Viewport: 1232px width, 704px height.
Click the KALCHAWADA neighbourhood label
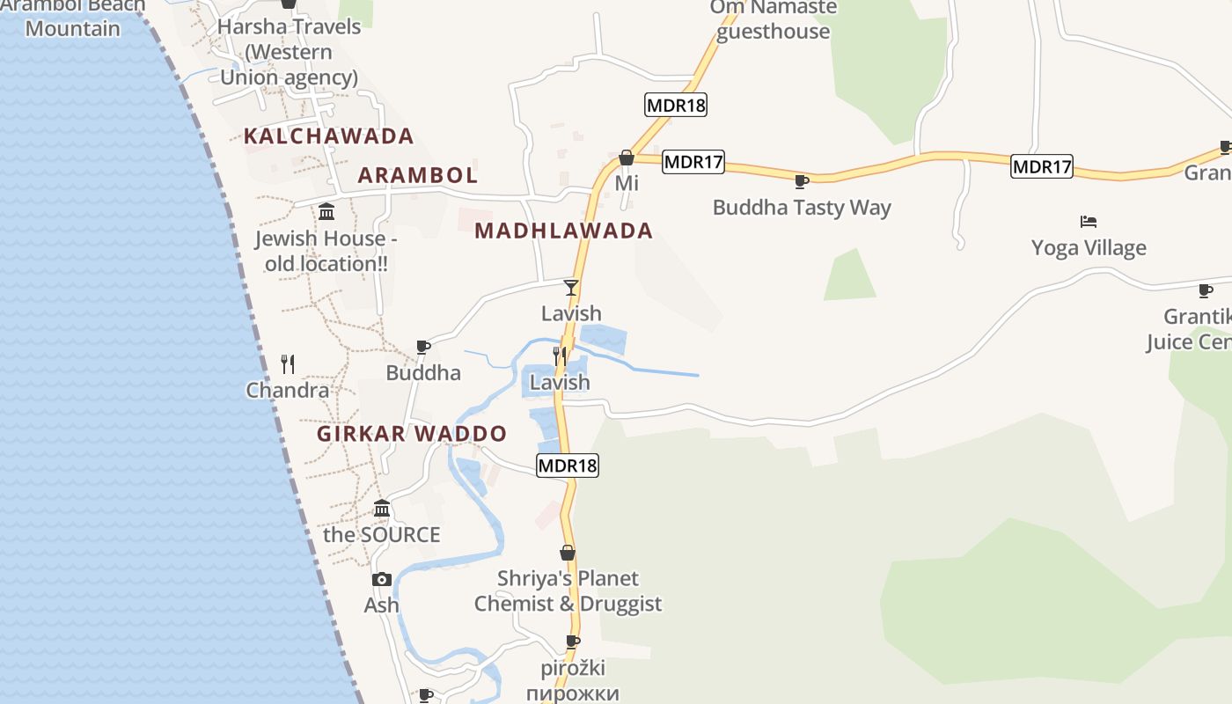[328, 136]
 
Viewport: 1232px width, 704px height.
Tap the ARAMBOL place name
[418, 175]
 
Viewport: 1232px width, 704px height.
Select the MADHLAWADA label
[563, 231]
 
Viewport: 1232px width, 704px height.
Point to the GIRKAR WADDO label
[412, 434]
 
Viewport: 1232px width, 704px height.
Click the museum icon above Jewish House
[326, 211]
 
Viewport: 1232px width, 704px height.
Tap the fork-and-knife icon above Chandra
[288, 363]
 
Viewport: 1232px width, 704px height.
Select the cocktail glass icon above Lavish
[571, 287]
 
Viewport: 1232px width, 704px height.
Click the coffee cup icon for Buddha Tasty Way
[801, 182]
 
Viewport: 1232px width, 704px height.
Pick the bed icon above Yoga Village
[1089, 221]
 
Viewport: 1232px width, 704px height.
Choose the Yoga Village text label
[1089, 248]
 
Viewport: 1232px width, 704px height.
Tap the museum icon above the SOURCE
[382, 508]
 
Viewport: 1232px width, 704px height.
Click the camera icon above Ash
[382, 579]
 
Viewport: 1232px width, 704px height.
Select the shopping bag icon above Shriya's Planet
[568, 553]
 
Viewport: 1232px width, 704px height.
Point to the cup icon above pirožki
[572, 642]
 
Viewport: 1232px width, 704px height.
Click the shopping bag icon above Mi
[627, 158]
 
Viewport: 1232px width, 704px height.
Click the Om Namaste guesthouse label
[774, 19]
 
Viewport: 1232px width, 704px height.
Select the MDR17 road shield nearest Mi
[693, 162]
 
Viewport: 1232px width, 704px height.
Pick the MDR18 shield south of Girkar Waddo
[568, 466]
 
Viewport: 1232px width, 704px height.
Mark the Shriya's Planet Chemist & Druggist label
[568, 591]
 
